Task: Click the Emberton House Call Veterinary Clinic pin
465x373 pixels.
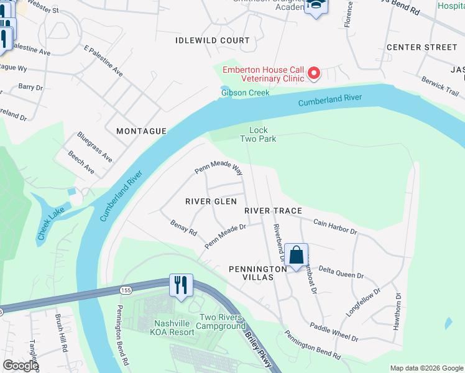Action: pyautogui.click(x=314, y=75)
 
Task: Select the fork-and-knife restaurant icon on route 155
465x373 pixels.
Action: pyautogui.click(x=181, y=285)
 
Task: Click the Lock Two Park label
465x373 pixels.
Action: pyautogui.click(x=258, y=134)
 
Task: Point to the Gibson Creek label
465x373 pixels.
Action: pyautogui.click(x=245, y=93)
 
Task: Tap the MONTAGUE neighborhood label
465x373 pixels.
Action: pyautogui.click(x=142, y=131)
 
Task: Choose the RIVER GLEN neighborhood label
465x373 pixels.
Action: pyautogui.click(x=211, y=201)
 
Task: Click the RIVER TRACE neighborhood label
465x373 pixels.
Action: pyautogui.click(x=273, y=211)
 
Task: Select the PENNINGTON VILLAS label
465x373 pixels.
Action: pyautogui.click(x=251, y=273)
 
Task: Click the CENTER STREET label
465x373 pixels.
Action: pyautogui.click(x=421, y=47)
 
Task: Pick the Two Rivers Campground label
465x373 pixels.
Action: pyautogui.click(x=223, y=321)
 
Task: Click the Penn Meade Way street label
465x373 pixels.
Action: pyautogui.click(x=218, y=169)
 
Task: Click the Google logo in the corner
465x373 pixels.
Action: pyautogui.click(x=21, y=366)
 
